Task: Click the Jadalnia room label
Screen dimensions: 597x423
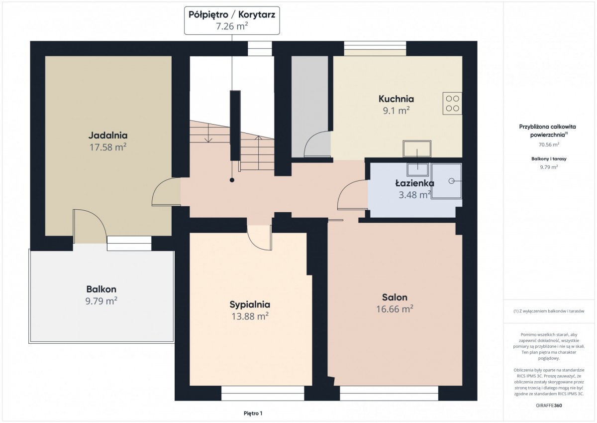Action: pyautogui.click(x=108, y=136)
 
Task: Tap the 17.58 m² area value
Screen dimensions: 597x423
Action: pyautogui.click(x=108, y=147)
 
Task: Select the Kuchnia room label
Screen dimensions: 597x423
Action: pyautogui.click(x=396, y=99)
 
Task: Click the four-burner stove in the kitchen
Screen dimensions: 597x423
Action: pyautogui.click(x=452, y=104)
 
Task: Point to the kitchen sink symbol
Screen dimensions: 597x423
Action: pyautogui.click(x=417, y=149)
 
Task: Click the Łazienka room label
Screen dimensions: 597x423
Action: pyautogui.click(x=414, y=183)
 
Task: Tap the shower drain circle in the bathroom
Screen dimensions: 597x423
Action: pyautogui.click(x=451, y=181)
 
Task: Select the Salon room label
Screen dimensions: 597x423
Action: pyautogui.click(x=395, y=297)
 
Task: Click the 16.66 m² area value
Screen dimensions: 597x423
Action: pyautogui.click(x=395, y=309)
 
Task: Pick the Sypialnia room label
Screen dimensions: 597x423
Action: pyautogui.click(x=250, y=304)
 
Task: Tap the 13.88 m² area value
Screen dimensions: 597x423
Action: pyautogui.click(x=250, y=316)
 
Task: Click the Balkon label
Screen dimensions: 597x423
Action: pyautogui.click(x=101, y=289)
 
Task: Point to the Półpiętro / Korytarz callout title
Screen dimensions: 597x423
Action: pyautogui.click(x=232, y=14)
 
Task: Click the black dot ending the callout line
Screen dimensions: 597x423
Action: pyautogui.click(x=232, y=180)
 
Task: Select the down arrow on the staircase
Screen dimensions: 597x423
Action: pyautogui.click(x=208, y=133)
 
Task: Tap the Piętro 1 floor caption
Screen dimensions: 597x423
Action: pyautogui.click(x=253, y=414)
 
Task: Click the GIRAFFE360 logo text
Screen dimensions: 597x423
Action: pyautogui.click(x=549, y=406)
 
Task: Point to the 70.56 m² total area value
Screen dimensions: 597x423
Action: pyautogui.click(x=549, y=144)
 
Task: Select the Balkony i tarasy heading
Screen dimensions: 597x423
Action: pyautogui.click(x=549, y=159)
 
